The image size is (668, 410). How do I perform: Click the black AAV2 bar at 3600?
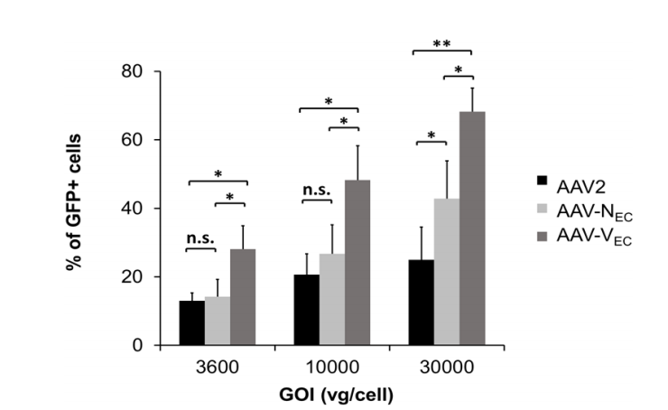pyautogui.click(x=191, y=323)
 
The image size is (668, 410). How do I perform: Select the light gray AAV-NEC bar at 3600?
pyautogui.click(x=218, y=321)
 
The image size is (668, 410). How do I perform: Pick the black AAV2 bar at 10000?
pyautogui.click(x=307, y=310)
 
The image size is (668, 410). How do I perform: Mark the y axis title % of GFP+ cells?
pyautogui.click(x=81, y=208)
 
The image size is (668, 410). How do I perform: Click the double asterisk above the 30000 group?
pyautogui.click(x=442, y=42)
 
